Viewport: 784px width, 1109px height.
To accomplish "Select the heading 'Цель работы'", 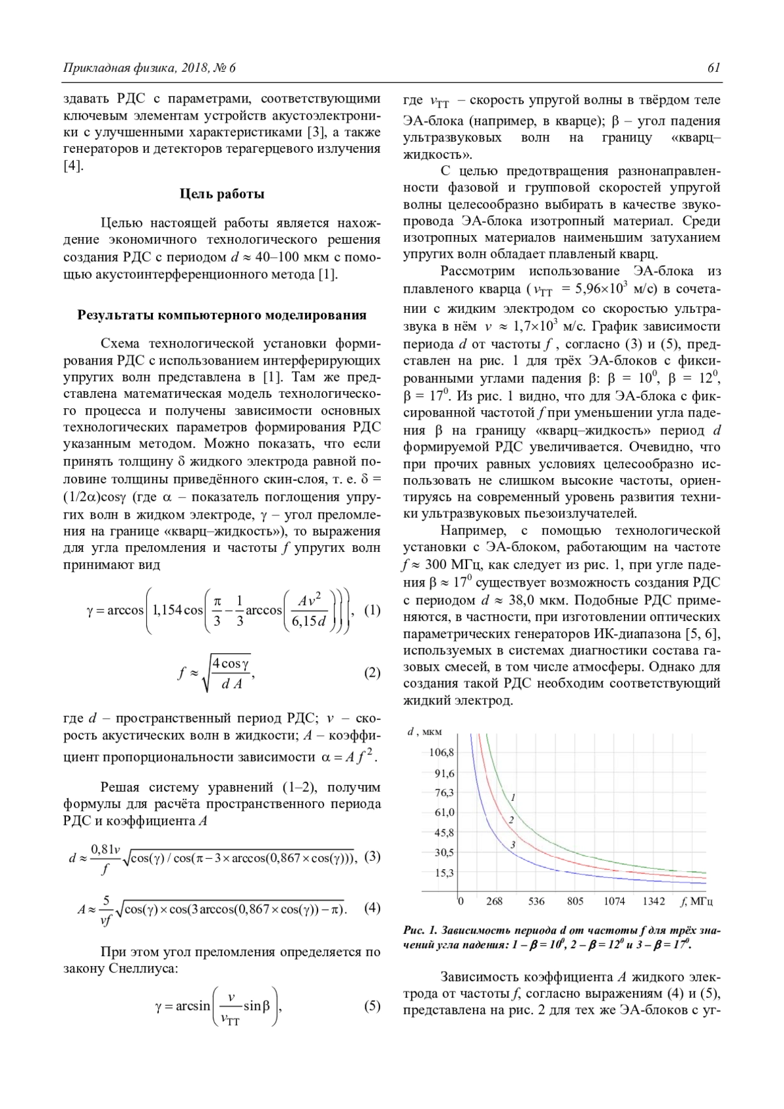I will click(x=222, y=194).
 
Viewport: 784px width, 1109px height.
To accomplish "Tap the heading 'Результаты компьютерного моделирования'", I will click(x=222, y=315).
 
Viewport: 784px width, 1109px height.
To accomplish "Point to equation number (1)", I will click(x=371, y=611).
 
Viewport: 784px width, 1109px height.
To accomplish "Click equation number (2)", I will click(x=371, y=673).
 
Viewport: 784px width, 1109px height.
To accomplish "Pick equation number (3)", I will click(x=371, y=856).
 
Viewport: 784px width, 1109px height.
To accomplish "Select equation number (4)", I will click(x=371, y=908).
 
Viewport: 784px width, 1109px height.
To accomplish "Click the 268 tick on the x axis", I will click(x=495, y=901).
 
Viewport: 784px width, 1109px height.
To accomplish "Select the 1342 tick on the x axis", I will click(x=653, y=901).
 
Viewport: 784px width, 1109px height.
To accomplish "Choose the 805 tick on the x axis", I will click(x=575, y=901).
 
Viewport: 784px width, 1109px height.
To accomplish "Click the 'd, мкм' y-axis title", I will click(x=425, y=732).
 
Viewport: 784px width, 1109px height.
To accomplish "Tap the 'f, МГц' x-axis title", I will click(x=696, y=901).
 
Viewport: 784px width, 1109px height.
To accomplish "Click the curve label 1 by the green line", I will click(x=514, y=797).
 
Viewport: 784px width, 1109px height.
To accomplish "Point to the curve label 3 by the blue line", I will click(x=514, y=844).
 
